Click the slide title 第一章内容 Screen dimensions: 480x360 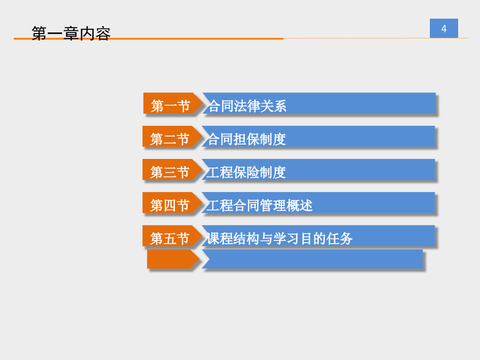click(x=71, y=34)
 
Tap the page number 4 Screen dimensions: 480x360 click(x=444, y=29)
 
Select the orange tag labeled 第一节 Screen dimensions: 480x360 click(x=173, y=103)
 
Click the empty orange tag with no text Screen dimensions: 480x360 click(x=173, y=259)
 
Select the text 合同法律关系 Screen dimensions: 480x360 click(x=247, y=106)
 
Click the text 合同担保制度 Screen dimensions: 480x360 click(x=246, y=139)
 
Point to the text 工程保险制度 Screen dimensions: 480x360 click(x=246, y=172)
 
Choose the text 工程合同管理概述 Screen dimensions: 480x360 click(x=260, y=205)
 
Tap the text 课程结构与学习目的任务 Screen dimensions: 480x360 click(x=279, y=238)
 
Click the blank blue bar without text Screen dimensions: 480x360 click(x=313, y=259)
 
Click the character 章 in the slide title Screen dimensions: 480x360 click(x=71, y=34)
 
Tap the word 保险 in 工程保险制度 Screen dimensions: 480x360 click(x=246, y=172)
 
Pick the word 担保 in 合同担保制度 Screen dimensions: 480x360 click(x=246, y=139)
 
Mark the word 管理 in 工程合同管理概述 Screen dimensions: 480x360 click(x=273, y=205)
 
